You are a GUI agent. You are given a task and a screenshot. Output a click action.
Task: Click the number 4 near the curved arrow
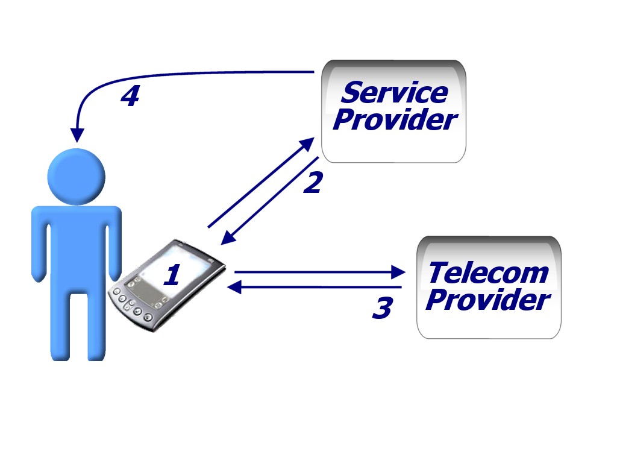tap(130, 96)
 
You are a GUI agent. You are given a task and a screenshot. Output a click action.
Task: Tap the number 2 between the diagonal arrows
tap(313, 183)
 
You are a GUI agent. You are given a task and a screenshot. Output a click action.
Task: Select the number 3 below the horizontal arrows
tap(382, 308)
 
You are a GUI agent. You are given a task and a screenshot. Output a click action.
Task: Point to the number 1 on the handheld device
tap(172, 276)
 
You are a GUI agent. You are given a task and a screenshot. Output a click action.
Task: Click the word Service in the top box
tap(395, 93)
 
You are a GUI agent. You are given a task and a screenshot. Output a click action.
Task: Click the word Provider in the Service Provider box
tap(395, 119)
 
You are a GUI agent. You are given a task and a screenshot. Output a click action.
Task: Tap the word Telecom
tap(488, 272)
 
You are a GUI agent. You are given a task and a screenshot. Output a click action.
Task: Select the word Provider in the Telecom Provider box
tap(488, 300)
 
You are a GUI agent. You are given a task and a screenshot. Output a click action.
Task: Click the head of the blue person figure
tap(77, 175)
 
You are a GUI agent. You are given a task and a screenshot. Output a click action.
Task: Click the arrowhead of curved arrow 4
tap(77, 136)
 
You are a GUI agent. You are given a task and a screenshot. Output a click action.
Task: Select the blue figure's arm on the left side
tap(40, 247)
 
